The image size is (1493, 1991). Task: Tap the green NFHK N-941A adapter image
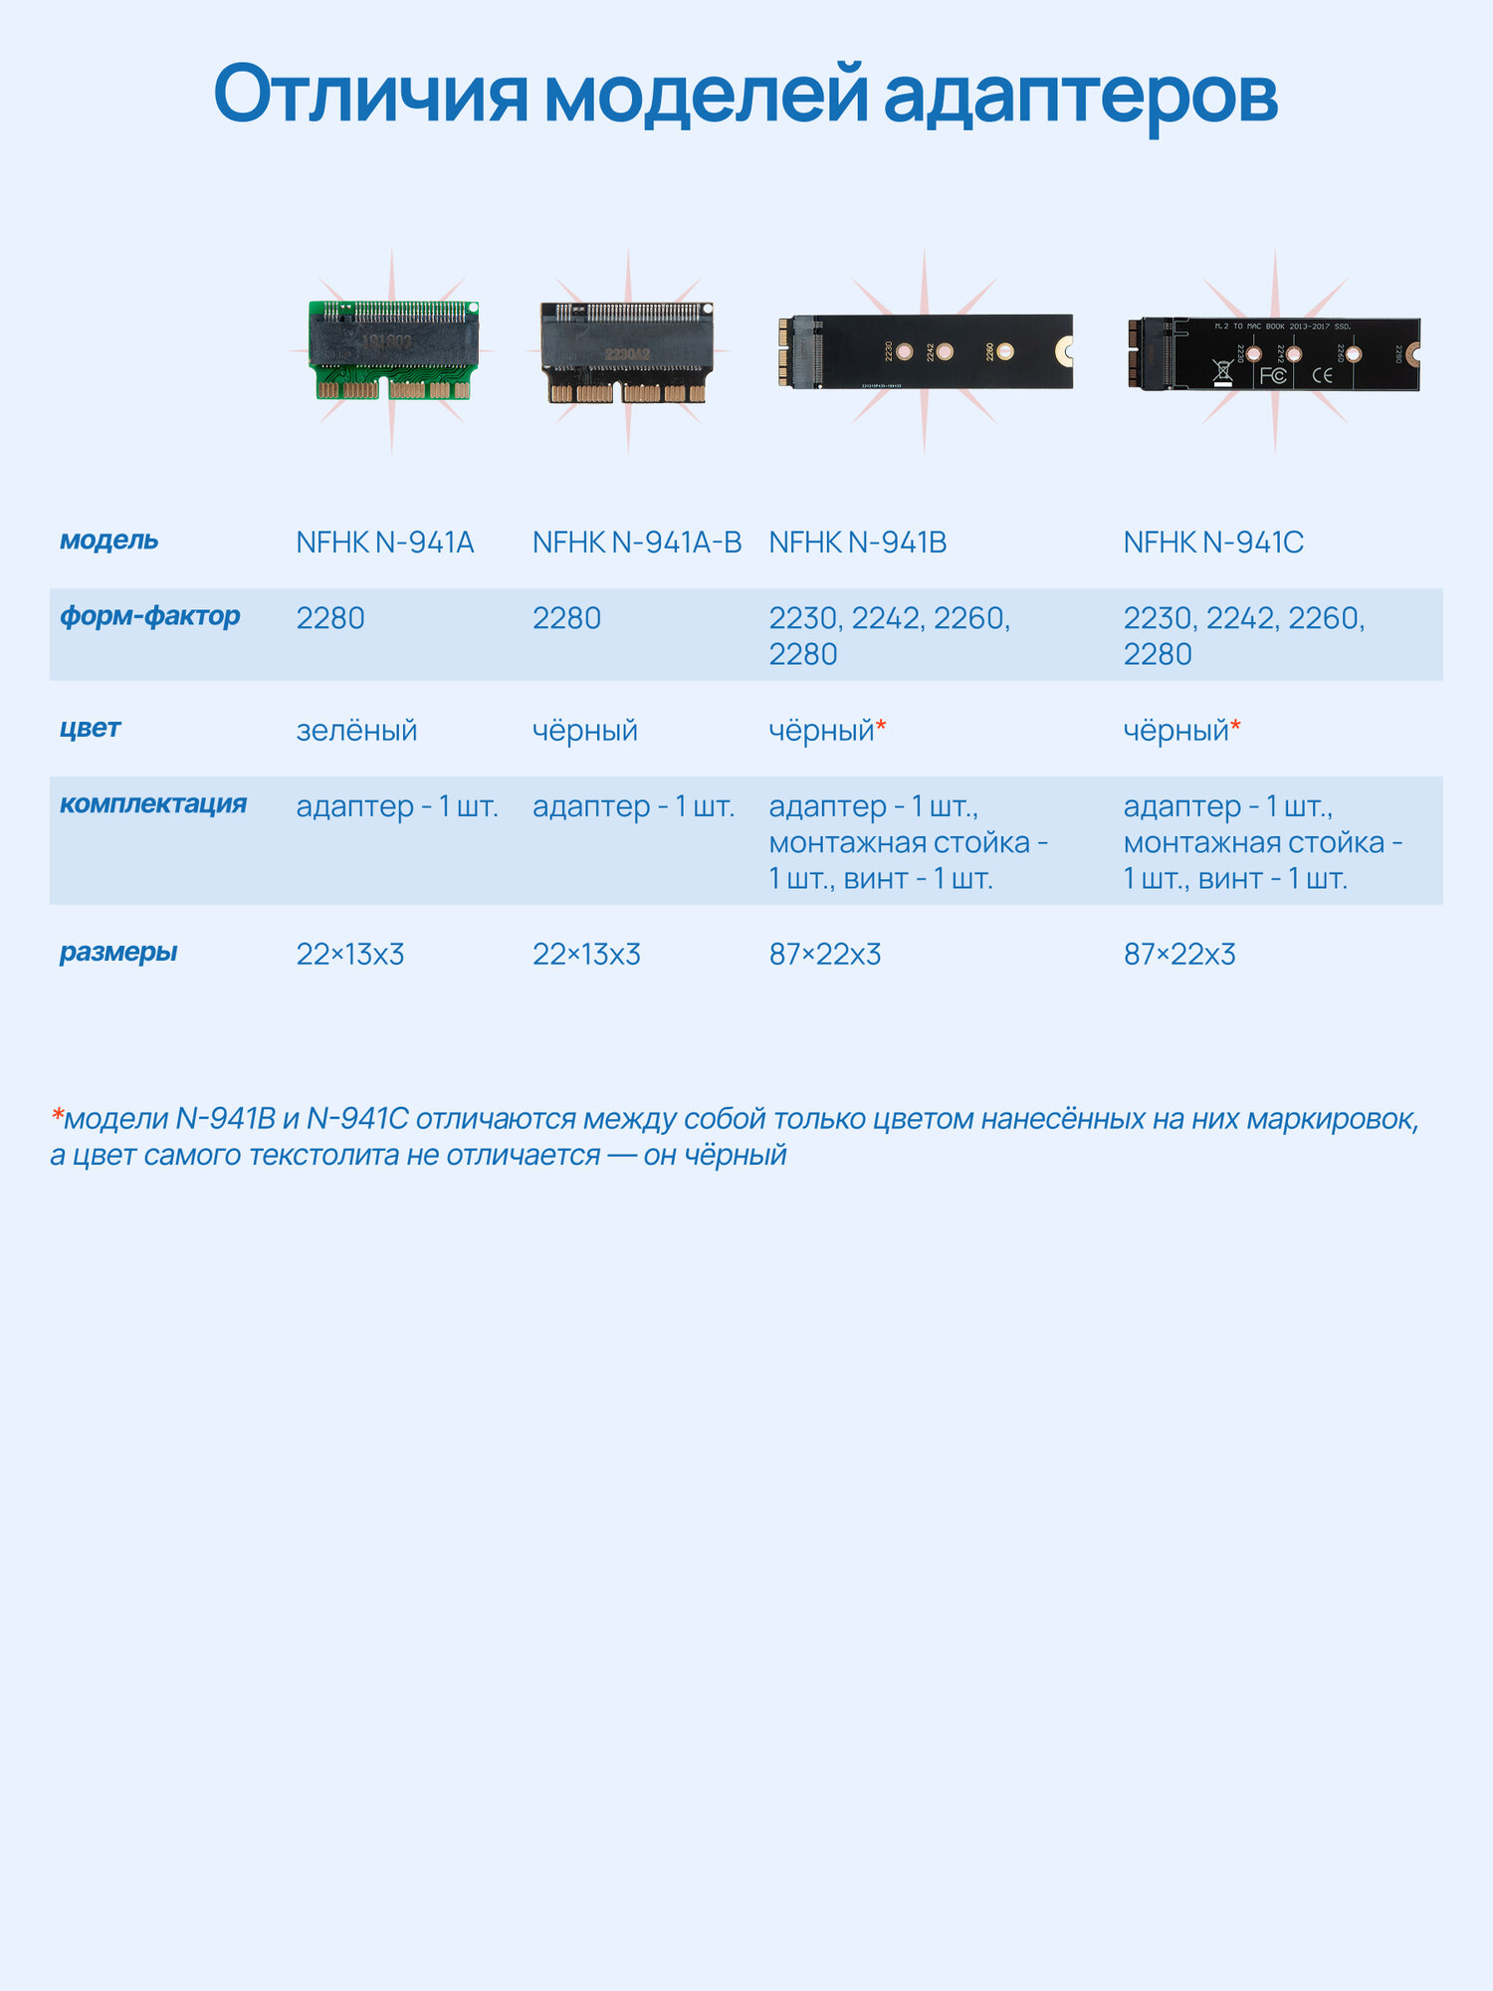(x=394, y=350)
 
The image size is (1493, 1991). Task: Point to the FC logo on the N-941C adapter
(x=1273, y=375)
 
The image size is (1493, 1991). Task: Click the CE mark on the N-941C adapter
(x=1322, y=375)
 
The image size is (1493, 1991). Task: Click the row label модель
(x=108, y=541)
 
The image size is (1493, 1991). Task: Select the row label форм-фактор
(x=149, y=616)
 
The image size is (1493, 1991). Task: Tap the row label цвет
(x=90, y=729)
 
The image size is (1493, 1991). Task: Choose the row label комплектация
(x=152, y=804)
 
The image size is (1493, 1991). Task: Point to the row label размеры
(x=117, y=953)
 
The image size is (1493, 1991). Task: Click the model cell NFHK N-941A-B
(x=637, y=543)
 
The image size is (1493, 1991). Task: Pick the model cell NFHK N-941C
(x=1213, y=543)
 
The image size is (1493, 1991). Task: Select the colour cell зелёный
(x=356, y=731)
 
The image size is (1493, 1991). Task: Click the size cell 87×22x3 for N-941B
(x=824, y=955)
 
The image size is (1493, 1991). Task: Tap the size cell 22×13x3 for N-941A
(x=350, y=955)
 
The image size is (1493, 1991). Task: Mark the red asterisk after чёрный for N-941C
(x=1235, y=728)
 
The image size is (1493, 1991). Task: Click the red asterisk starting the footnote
(x=58, y=1116)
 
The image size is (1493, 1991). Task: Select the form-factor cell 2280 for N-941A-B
(x=566, y=618)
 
